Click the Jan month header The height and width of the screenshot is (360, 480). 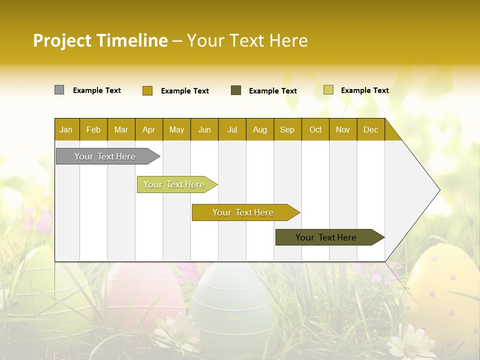(x=66, y=129)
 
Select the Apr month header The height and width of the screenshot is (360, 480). (x=149, y=129)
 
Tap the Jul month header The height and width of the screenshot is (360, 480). (x=232, y=129)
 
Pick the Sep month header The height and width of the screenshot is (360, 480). (x=287, y=129)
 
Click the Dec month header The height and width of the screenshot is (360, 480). (x=370, y=129)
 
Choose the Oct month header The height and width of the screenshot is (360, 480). (x=315, y=129)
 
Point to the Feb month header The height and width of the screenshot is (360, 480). (x=93, y=129)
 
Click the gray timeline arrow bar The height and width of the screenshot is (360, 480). (x=105, y=156)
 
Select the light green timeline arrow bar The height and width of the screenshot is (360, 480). (x=174, y=184)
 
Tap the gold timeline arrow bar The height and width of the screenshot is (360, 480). (x=243, y=212)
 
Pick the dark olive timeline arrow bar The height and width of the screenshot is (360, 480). (x=326, y=237)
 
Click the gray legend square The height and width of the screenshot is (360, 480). (x=59, y=90)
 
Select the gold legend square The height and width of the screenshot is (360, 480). (x=147, y=90)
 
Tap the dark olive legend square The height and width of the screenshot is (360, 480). (x=236, y=90)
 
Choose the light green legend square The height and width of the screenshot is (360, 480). (x=328, y=90)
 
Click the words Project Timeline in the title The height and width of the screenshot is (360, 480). (x=100, y=40)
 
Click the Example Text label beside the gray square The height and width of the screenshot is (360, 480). (x=97, y=90)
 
